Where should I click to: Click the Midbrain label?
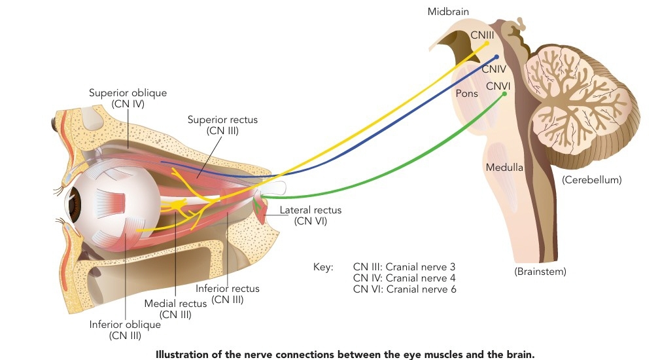[x=448, y=11]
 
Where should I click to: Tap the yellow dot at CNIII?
[x=487, y=43]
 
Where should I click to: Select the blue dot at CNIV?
[x=496, y=56]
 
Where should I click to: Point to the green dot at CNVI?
[x=505, y=94]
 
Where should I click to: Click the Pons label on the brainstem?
[x=467, y=93]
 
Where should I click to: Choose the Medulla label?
[x=504, y=167]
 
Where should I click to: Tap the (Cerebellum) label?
[x=591, y=180]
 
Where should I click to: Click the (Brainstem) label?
[x=540, y=272]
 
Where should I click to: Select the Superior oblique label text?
[x=128, y=93]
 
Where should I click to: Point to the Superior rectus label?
[x=222, y=120]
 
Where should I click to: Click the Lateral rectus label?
[x=311, y=209]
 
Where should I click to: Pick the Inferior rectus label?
[x=227, y=289]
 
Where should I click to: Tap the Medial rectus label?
[x=175, y=303]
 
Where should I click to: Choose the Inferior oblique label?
[x=125, y=325]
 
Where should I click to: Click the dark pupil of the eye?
[x=75, y=205]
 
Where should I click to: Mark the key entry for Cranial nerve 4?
[x=404, y=278]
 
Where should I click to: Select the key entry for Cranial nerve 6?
[x=404, y=289]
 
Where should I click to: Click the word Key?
[x=323, y=267]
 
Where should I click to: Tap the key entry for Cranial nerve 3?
[x=404, y=267]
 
